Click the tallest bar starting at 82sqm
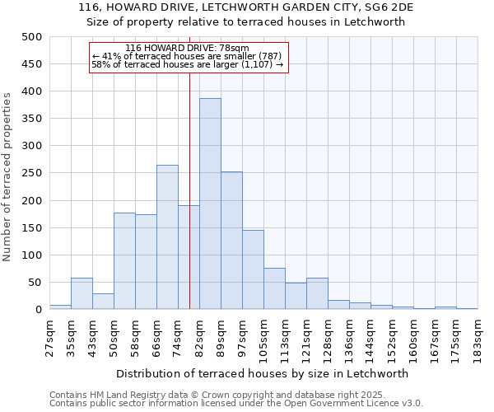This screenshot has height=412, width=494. (210, 204)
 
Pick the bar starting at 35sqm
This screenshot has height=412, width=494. (82, 293)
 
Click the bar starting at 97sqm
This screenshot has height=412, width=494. (253, 269)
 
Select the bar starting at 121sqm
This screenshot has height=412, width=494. (317, 293)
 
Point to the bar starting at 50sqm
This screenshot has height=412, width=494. (124, 261)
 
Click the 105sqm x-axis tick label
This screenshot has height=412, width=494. (263, 338)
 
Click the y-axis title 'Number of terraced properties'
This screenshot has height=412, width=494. (7, 176)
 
